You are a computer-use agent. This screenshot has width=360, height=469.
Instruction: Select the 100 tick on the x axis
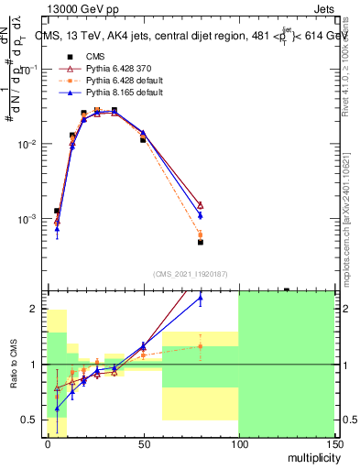(238, 443)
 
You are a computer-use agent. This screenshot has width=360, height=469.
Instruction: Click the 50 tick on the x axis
(143, 443)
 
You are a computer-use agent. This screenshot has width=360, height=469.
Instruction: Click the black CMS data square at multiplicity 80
(200, 243)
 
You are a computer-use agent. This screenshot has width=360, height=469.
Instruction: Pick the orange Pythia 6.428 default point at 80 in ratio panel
(200, 345)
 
